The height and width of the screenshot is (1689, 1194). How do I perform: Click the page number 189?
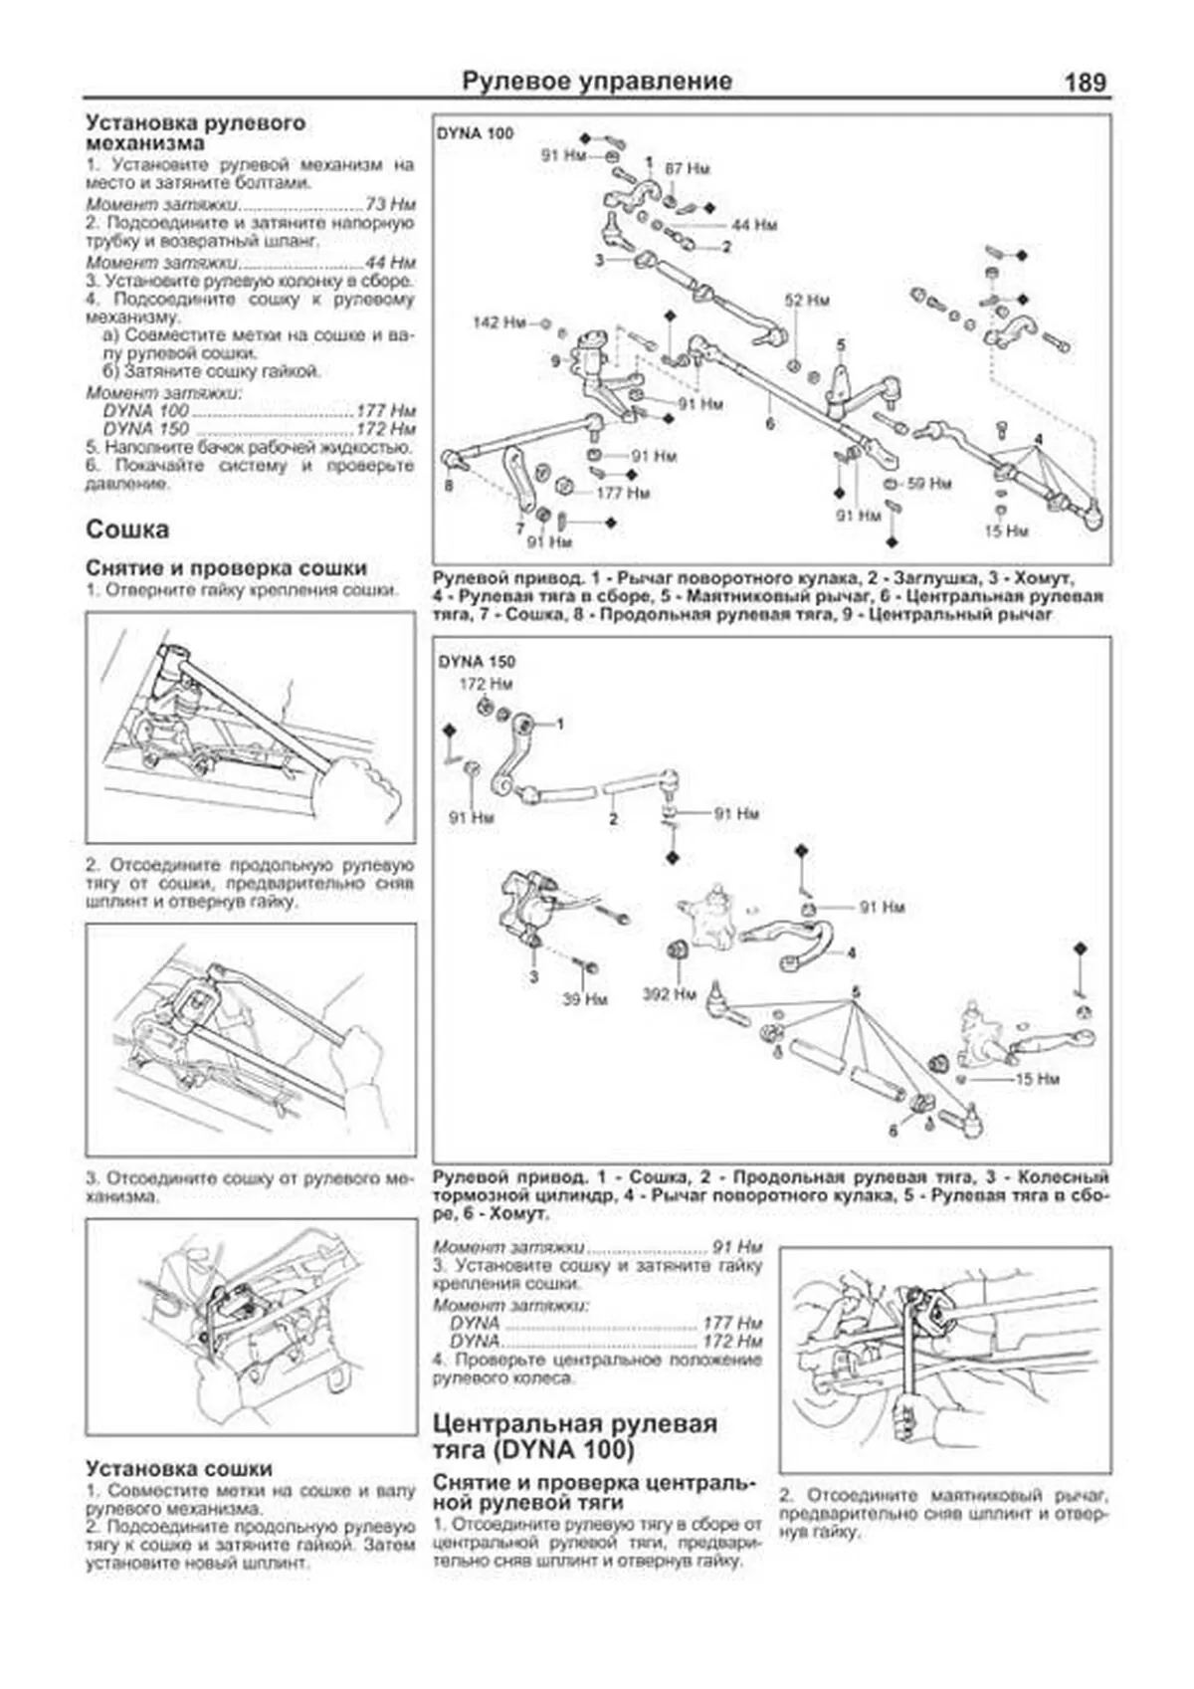pyautogui.click(x=1085, y=82)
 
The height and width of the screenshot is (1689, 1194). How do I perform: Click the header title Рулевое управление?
pyautogui.click(x=597, y=82)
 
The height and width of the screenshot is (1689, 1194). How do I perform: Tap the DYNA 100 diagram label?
pyautogui.click(x=476, y=133)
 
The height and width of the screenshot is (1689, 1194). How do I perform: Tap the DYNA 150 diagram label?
pyautogui.click(x=476, y=661)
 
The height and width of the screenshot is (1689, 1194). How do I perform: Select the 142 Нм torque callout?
pyautogui.click(x=498, y=323)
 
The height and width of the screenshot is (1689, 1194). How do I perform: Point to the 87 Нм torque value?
pyautogui.click(x=688, y=169)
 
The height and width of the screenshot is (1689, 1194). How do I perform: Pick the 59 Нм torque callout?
pyautogui.click(x=928, y=484)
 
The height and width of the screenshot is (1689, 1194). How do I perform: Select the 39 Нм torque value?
pyautogui.click(x=584, y=998)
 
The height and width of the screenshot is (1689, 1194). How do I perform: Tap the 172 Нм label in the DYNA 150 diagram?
pyautogui.click(x=486, y=685)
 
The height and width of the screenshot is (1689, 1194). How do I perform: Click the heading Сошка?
pyautogui.click(x=127, y=529)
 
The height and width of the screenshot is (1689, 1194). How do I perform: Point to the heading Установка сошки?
pyautogui.click(x=178, y=1468)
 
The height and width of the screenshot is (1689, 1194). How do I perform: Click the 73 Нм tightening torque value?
pyautogui.click(x=390, y=204)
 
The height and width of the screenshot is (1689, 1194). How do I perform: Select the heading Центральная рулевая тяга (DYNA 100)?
pyautogui.click(x=574, y=1436)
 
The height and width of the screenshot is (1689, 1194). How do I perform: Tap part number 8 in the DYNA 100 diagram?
pyautogui.click(x=449, y=487)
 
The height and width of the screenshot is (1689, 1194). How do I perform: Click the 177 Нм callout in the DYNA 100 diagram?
pyautogui.click(x=623, y=493)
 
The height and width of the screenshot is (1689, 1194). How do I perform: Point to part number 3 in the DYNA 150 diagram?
pyautogui.click(x=533, y=976)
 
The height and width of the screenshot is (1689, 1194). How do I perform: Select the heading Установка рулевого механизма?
pyautogui.click(x=195, y=133)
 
